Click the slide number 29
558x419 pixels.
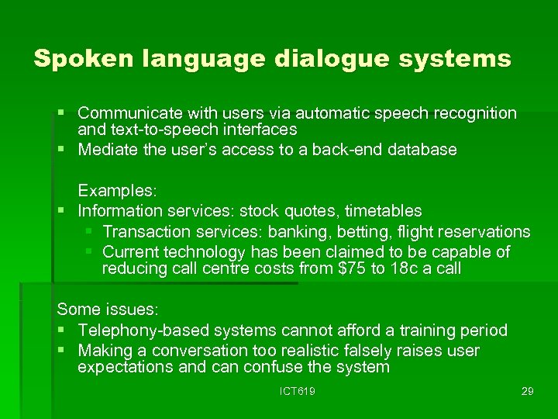(x=527, y=391)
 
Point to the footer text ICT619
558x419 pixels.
(x=297, y=391)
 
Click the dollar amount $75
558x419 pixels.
(x=350, y=268)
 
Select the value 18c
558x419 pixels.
(x=397, y=268)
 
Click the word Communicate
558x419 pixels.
(x=127, y=113)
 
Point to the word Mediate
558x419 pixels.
(x=108, y=150)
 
